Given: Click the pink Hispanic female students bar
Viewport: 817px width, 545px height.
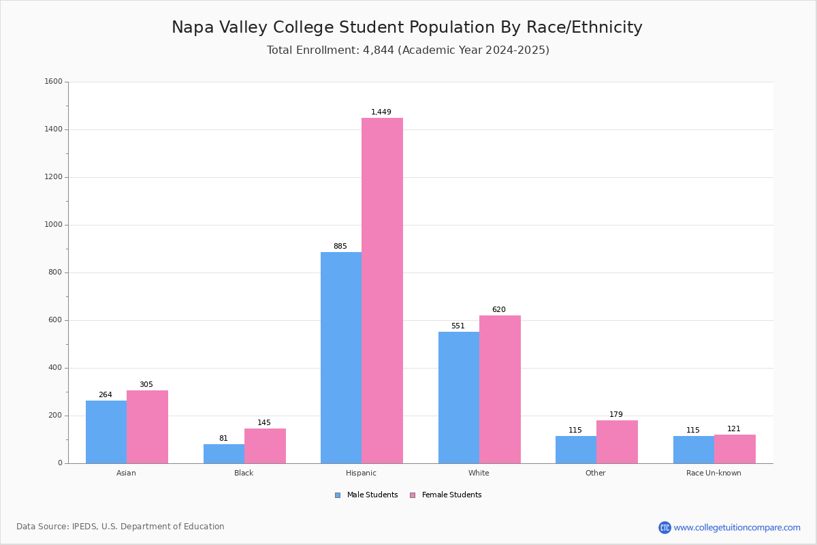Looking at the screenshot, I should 382,290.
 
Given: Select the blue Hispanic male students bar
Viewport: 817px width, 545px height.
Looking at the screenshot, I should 341,358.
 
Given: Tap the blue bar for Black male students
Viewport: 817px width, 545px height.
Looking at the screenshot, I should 224,454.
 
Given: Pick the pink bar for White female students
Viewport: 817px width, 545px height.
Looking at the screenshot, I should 500,389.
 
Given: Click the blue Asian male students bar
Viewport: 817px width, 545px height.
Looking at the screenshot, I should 106,432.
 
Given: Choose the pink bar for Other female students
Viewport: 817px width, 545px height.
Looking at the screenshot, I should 617,441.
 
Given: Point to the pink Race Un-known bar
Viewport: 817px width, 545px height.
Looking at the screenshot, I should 735,449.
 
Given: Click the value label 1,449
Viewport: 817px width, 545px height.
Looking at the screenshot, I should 381,112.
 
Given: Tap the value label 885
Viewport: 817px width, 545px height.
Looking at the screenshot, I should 340,246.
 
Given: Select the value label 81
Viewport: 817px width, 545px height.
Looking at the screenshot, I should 223,438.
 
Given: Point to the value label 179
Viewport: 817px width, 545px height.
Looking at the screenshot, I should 616,414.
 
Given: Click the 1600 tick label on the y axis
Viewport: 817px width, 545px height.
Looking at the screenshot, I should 53,82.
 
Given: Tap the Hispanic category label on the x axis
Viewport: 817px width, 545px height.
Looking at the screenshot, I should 361,473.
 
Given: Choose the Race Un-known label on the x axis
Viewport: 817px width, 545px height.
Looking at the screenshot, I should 714,473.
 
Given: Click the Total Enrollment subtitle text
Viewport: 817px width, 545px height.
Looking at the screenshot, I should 408,50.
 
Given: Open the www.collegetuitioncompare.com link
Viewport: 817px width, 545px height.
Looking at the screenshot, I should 737,527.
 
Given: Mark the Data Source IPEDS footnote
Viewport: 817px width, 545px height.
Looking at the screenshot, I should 121,527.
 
